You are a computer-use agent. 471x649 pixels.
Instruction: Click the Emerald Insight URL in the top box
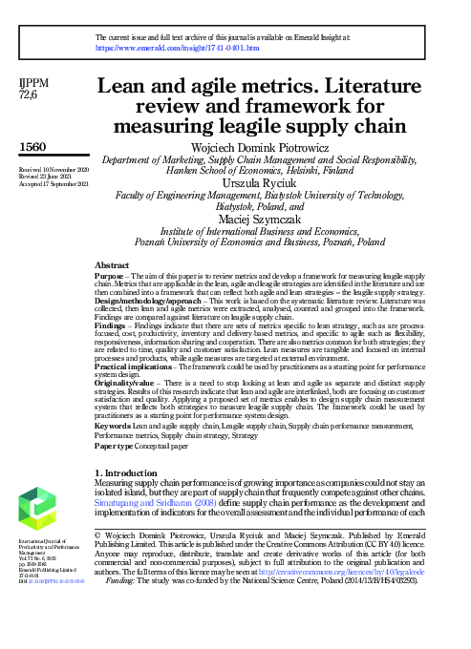(x=178, y=46)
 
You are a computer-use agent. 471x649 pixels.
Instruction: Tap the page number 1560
(x=32, y=147)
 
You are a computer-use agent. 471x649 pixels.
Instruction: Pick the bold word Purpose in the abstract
(x=112, y=274)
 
